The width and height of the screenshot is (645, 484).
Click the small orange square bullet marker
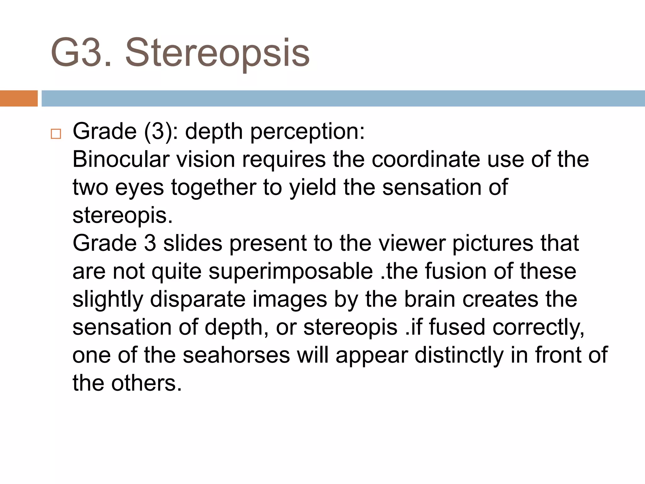pyautogui.click(x=56, y=134)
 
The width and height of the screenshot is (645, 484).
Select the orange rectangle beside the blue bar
pyautogui.click(x=19, y=98)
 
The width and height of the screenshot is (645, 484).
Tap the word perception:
pyautogui.click(x=307, y=132)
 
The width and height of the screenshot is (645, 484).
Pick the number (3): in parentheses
pyautogui.click(x=161, y=131)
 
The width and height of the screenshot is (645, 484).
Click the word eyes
pyautogui.click(x=140, y=188)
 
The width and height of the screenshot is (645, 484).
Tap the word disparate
pyautogui.click(x=198, y=299)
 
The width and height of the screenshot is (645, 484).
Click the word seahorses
pyautogui.click(x=236, y=355)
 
